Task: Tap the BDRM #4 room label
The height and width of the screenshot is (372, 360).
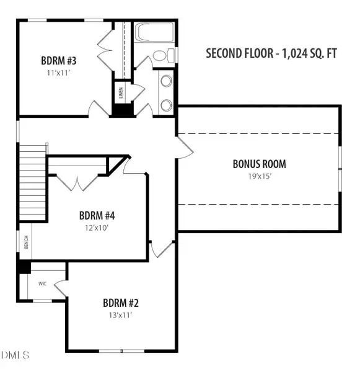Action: (x=97, y=216)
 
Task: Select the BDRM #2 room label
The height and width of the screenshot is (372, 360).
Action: (x=121, y=303)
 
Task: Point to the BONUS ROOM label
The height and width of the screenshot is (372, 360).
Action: (x=259, y=164)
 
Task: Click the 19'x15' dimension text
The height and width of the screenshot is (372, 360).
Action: (x=259, y=176)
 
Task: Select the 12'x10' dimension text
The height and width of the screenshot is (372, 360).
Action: (x=97, y=228)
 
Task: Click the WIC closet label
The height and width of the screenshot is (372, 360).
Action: (x=43, y=283)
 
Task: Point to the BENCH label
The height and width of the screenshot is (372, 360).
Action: (x=26, y=243)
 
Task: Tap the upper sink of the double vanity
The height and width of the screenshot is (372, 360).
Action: (x=166, y=81)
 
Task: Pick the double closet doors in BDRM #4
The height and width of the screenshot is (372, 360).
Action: (x=77, y=182)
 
